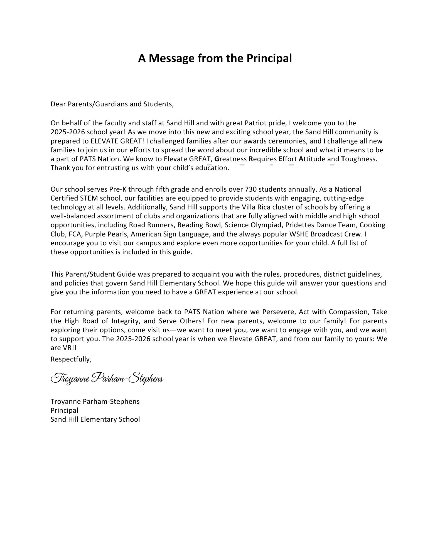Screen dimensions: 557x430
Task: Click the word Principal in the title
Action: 269,58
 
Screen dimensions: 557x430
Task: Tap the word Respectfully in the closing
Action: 71,359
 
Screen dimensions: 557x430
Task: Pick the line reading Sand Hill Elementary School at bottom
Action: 95,419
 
